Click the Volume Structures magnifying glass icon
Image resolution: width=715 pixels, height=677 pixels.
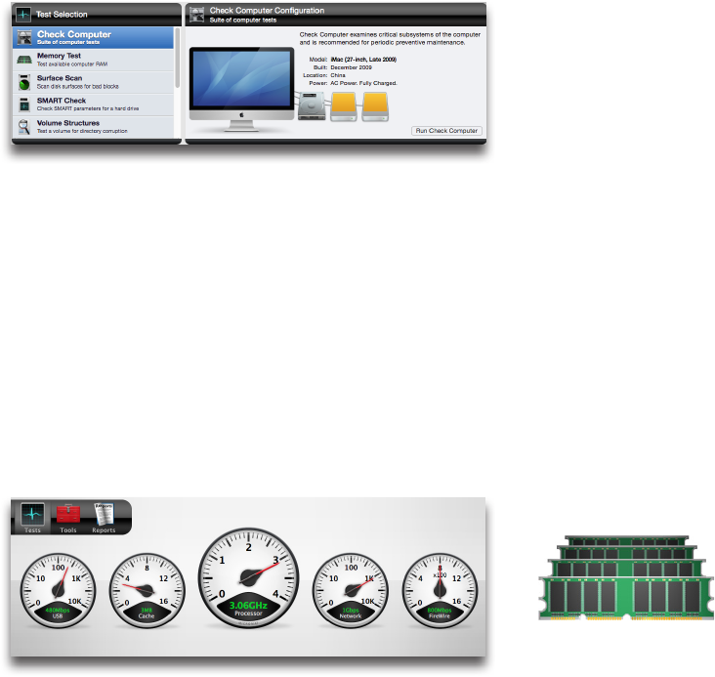coord(22,126)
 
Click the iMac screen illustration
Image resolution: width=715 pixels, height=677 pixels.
coord(240,84)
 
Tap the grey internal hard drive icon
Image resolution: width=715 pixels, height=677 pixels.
coord(312,108)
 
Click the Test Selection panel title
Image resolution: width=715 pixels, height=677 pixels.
coord(62,15)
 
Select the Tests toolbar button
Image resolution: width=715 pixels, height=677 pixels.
coord(34,518)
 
